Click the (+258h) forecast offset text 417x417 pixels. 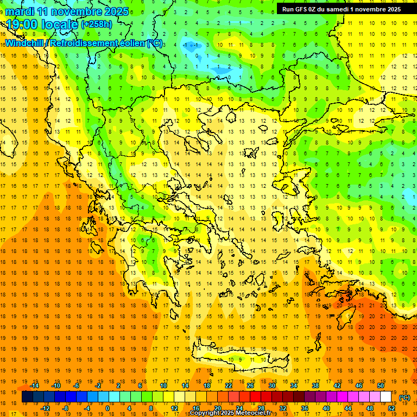97,24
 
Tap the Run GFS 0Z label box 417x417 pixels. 342,9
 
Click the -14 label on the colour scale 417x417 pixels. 34,385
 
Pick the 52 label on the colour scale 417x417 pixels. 391,408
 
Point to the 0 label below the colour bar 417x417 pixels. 107,408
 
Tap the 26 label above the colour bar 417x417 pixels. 250,385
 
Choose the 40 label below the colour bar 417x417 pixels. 326,408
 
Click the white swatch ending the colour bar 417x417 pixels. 386,397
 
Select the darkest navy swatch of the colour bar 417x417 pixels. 27,397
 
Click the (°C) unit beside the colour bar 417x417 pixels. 405,397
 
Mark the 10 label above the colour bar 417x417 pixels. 163,385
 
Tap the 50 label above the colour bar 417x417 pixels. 381,385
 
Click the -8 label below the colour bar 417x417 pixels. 65,408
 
